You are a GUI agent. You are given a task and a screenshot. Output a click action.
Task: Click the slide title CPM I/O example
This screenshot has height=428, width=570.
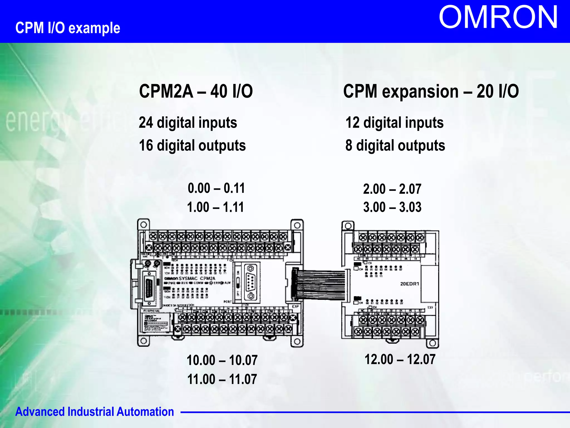pos(68,28)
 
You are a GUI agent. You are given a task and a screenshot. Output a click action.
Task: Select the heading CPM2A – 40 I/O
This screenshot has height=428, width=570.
pos(196,91)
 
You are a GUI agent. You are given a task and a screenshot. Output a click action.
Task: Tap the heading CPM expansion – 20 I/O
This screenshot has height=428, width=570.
pos(431,91)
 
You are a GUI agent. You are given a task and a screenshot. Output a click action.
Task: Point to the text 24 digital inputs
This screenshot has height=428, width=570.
pos(188,123)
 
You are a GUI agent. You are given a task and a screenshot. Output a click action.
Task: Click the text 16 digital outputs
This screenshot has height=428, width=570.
pos(192,145)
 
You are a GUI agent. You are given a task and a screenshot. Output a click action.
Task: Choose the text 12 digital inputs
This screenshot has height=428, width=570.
pos(394,123)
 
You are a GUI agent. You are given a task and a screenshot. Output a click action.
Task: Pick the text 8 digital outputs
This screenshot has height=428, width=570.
pos(395,145)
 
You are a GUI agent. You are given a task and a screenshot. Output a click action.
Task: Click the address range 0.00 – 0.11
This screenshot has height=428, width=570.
pos(216,188)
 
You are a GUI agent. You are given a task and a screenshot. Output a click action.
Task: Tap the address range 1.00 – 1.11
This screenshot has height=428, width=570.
pos(215,207)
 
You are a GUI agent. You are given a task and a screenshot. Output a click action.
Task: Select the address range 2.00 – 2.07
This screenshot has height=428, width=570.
pos(392,189)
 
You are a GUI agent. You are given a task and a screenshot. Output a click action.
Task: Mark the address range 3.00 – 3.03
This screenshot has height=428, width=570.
pos(392,207)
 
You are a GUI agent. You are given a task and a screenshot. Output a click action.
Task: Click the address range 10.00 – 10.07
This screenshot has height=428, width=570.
pos(222,360)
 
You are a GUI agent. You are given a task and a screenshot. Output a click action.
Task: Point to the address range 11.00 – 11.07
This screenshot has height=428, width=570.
pos(222,379)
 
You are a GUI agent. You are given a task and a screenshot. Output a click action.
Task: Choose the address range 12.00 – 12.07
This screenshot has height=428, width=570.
pos(400,359)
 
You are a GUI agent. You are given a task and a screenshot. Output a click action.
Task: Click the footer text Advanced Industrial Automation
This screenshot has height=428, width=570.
pos(95,412)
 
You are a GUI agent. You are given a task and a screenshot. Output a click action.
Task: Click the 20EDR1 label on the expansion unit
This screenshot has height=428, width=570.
pos(409,284)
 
